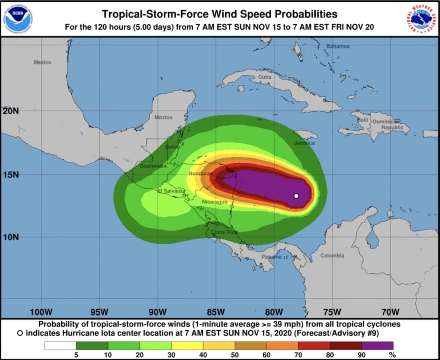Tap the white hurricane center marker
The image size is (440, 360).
(x=296, y=196)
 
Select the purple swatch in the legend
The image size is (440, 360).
(x=377, y=346)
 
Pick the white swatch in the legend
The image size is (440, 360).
(x=60, y=346)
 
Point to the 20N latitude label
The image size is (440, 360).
(x=10, y=111)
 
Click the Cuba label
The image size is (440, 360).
(x=264, y=77)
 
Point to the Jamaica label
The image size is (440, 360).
(x=304, y=143)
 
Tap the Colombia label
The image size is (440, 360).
(x=332, y=256)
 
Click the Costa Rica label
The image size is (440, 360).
(x=224, y=232)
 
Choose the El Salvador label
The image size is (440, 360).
(x=171, y=191)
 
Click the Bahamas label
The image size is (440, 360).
(x=338, y=47)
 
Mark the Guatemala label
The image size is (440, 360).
(x=153, y=166)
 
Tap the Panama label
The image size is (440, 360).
(x=272, y=257)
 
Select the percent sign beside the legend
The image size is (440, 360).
(x=392, y=355)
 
